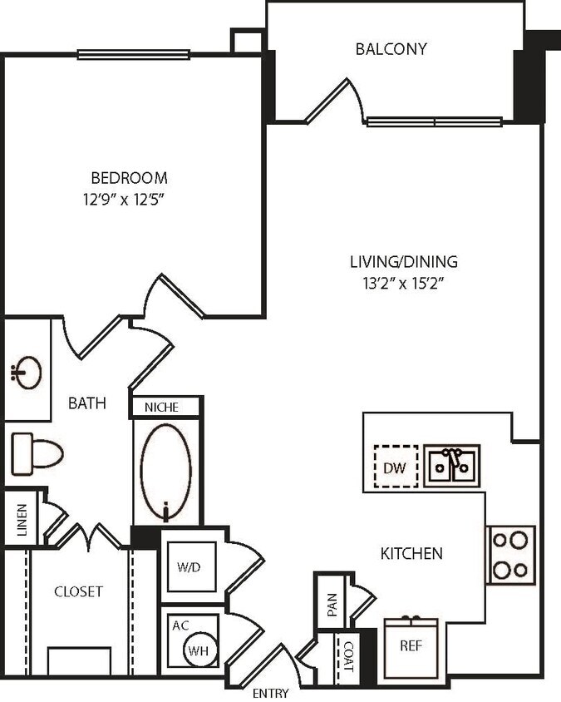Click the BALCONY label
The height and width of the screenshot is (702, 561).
tap(391, 48)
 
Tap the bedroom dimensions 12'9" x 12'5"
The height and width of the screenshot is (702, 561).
tap(129, 199)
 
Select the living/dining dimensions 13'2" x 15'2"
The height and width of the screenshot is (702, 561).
tap(403, 283)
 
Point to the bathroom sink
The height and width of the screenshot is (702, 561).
tap(27, 372)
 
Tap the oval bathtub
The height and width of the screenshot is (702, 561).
tap(166, 472)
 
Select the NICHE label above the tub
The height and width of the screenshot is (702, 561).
tap(166, 408)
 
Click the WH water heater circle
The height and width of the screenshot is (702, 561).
tap(198, 651)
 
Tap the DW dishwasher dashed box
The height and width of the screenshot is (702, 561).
tap(395, 468)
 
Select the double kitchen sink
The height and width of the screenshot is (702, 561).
tap(451, 466)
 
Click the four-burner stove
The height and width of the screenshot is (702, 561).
tap(510, 555)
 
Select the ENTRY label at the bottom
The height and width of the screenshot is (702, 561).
tap(270, 693)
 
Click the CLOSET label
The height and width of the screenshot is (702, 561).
tap(78, 591)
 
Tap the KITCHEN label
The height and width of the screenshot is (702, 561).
tap(411, 553)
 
